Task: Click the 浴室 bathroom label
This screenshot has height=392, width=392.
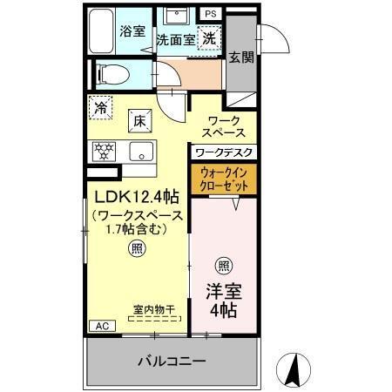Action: click(132, 29)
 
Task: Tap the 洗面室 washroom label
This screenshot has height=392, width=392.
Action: click(175, 39)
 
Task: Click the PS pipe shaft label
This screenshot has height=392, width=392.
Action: click(210, 14)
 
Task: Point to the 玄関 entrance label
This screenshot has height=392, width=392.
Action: click(241, 57)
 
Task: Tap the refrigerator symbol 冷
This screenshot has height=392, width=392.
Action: click(102, 110)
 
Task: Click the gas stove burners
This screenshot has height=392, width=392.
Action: click(105, 151)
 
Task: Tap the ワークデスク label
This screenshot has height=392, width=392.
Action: click(224, 152)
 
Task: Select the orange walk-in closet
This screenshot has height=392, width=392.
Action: click(224, 179)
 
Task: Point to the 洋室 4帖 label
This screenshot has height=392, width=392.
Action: click(224, 300)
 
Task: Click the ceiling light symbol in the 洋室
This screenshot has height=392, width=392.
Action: click(224, 265)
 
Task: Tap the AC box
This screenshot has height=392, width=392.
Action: click(101, 326)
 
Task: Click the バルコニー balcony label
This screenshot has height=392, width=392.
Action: click(172, 361)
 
